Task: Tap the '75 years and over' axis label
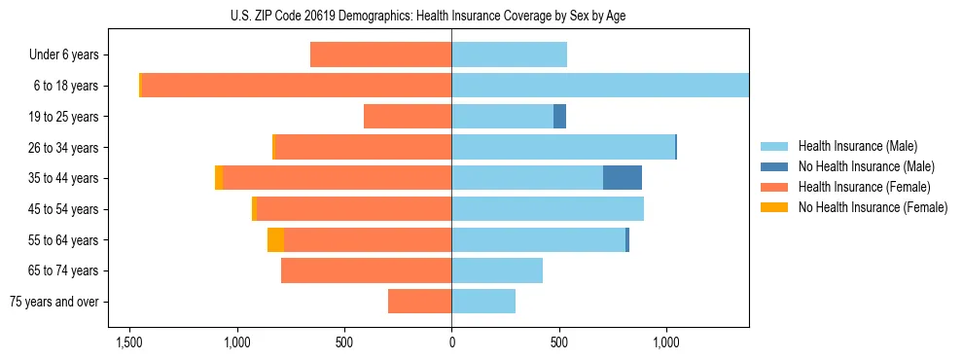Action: (x=57, y=302)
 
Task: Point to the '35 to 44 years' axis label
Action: (x=66, y=178)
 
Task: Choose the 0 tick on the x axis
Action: (x=451, y=343)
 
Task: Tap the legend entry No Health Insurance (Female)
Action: (x=873, y=207)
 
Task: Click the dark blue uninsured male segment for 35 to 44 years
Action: (x=623, y=178)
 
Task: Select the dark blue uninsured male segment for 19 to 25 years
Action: (x=559, y=117)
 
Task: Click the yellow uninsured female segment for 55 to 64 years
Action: (x=275, y=240)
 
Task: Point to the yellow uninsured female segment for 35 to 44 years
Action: (x=219, y=178)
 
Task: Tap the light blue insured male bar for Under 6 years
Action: (x=509, y=54)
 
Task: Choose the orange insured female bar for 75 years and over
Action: (x=419, y=302)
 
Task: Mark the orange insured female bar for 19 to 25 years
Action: (x=408, y=117)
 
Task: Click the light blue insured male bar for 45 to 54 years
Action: (x=548, y=209)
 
